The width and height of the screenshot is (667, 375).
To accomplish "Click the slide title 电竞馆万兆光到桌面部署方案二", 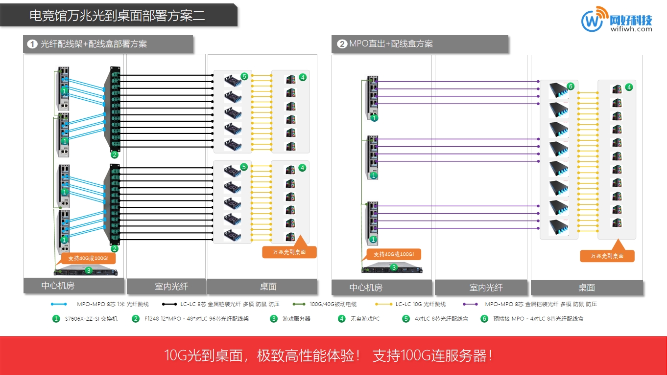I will click(117, 16).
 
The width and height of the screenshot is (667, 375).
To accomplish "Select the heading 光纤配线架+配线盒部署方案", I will click(94, 44).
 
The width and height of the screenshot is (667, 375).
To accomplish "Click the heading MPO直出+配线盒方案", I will click(391, 44).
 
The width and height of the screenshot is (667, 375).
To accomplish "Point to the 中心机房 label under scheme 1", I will click(58, 286).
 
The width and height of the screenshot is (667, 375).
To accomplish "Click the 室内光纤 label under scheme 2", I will click(486, 287).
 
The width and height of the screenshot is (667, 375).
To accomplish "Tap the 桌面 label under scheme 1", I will click(268, 287).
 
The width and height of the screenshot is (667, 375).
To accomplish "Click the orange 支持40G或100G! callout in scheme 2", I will click(394, 254).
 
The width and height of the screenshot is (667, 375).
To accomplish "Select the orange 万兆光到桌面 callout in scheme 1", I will click(290, 252).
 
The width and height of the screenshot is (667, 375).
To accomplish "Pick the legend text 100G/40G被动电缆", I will click(333, 304).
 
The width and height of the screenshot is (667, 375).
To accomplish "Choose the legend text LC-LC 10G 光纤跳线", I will click(421, 304).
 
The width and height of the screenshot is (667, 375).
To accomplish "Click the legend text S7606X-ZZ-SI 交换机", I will click(91, 319).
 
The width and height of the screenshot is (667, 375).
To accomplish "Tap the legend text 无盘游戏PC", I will click(365, 319).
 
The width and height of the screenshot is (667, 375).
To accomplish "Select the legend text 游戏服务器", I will click(296, 319).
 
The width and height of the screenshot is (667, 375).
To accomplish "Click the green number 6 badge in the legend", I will click(484, 319).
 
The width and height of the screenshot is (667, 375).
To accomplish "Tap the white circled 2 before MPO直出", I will click(342, 44).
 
